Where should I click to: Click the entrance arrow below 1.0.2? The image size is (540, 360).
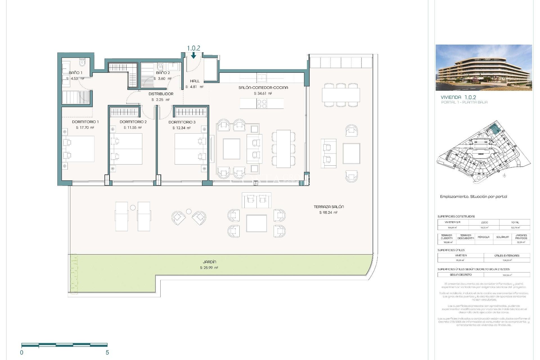(x=193, y=56)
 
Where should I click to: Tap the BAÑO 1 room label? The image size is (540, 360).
(x=76, y=73)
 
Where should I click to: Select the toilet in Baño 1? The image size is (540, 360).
(x=82, y=62)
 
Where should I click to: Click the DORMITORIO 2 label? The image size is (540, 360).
(x=133, y=122)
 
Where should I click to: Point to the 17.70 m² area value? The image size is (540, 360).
(x=85, y=128)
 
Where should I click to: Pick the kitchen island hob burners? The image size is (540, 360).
(x=262, y=103)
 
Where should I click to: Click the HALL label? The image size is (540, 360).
(x=195, y=81)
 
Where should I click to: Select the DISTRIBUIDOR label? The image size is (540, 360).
(x=161, y=94)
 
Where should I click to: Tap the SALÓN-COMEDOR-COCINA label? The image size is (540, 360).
(x=263, y=87)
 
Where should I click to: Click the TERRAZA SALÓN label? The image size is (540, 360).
(x=329, y=207)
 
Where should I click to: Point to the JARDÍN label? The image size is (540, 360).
(x=209, y=262)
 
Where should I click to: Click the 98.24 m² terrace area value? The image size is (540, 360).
(x=328, y=213)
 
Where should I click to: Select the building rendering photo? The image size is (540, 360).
(x=484, y=67)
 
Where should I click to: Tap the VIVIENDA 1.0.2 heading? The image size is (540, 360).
(x=458, y=97)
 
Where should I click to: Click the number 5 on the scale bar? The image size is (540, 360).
(x=107, y=352)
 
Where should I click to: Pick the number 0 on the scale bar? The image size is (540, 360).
(x=22, y=352)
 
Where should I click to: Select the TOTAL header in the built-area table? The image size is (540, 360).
(x=515, y=222)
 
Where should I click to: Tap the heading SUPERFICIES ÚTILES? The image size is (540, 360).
(x=451, y=250)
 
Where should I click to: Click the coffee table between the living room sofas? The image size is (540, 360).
(x=231, y=149)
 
